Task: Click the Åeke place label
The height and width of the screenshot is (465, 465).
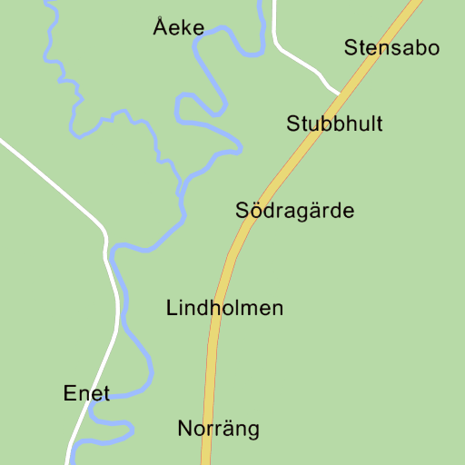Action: pos(178,28)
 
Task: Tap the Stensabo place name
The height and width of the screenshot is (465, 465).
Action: pos(391,48)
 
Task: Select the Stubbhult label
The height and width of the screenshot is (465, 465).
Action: pos(334,124)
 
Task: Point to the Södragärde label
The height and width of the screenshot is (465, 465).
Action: pos(294,212)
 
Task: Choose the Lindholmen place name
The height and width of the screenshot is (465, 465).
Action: pos(224,309)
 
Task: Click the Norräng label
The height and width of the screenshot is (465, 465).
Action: pos(218,429)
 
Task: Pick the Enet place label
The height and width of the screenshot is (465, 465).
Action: pos(86,394)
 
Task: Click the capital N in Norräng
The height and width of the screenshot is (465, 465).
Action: pos(184,429)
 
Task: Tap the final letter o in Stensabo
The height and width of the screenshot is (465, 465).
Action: pos(432,48)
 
